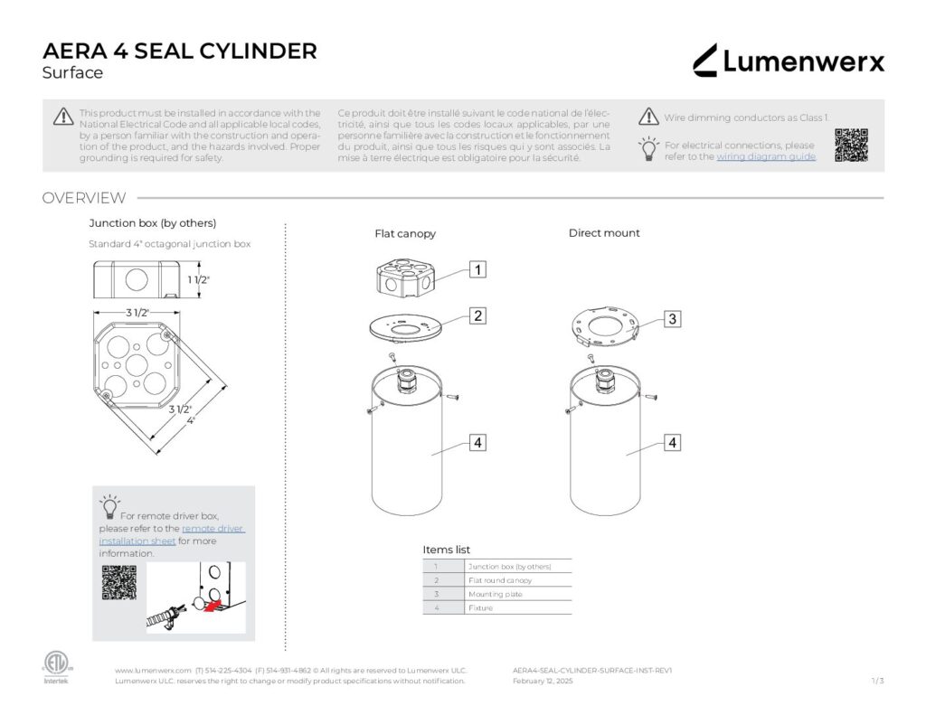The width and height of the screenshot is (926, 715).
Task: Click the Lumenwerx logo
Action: [x=789, y=61]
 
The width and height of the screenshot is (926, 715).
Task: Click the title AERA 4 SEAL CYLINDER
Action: [x=180, y=52]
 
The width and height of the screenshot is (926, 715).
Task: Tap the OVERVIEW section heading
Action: [x=84, y=198]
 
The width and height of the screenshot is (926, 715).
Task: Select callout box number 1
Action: [x=477, y=268]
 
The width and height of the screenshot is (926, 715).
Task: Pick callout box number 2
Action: [x=477, y=315]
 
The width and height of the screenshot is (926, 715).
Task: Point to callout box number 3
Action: [x=672, y=318]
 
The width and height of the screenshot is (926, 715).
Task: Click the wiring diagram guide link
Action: [x=766, y=157]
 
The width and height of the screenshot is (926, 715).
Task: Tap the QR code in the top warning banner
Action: [x=851, y=146]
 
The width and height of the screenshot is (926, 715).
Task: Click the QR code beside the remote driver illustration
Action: [x=118, y=582]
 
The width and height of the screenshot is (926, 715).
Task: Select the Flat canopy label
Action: [x=405, y=234]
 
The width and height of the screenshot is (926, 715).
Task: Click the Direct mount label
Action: [x=604, y=233]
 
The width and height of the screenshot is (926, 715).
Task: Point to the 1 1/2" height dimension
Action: [x=199, y=280]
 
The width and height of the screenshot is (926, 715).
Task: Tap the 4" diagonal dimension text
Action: [x=191, y=421]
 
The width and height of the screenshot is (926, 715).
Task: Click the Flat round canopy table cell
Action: [x=500, y=580]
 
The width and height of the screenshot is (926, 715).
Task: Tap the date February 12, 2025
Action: [x=543, y=682]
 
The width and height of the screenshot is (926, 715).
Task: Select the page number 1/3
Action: [x=877, y=682]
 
